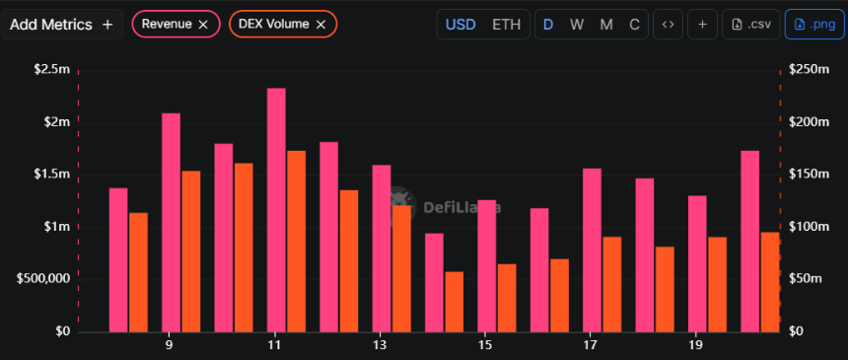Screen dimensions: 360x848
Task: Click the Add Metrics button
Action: (61, 24)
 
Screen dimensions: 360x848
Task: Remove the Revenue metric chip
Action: (203, 24)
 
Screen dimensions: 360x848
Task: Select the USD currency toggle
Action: (460, 24)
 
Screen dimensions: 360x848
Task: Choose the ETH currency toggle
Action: (507, 24)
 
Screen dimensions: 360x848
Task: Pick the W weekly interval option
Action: (577, 24)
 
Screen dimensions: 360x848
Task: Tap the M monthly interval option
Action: (604, 24)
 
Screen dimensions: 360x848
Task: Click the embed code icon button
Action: (668, 24)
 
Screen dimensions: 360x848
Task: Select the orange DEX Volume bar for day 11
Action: (296, 241)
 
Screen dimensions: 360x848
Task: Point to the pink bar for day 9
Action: (171, 222)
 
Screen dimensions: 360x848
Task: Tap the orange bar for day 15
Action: (506, 297)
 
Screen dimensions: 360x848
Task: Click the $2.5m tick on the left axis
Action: (51, 69)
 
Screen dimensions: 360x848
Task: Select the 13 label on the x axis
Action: (380, 346)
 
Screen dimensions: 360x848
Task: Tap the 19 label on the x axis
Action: (696, 346)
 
